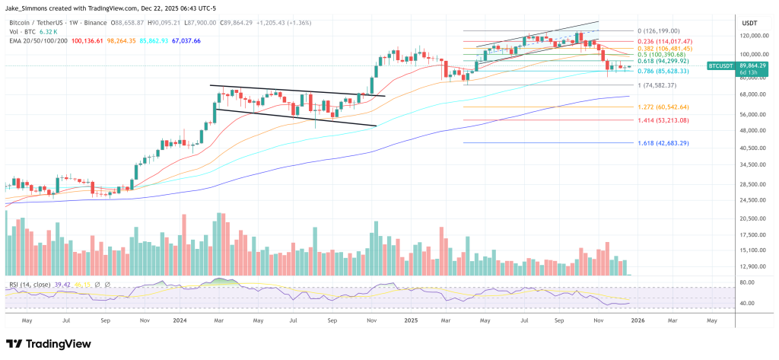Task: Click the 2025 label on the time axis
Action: coord(411,320)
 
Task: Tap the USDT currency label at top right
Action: coord(749,23)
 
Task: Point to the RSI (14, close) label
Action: coord(30,285)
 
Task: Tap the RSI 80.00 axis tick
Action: coord(748,282)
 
